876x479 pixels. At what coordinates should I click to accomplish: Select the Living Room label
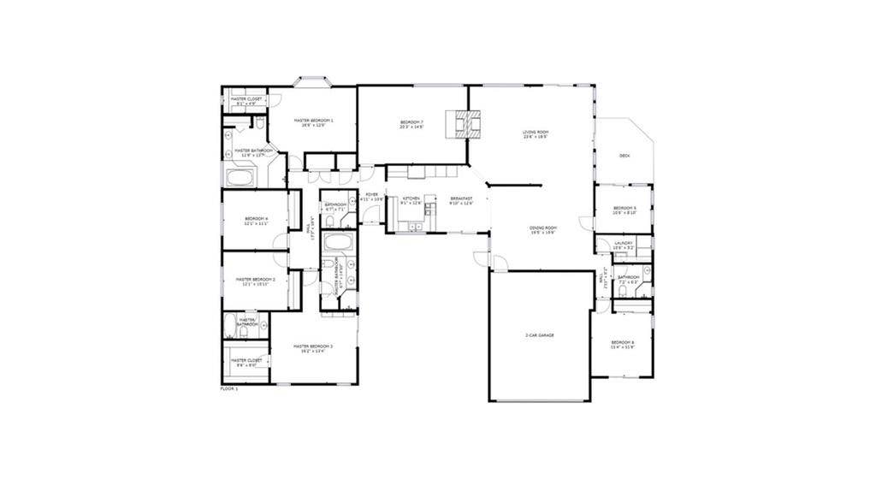pyautogui.click(x=536, y=133)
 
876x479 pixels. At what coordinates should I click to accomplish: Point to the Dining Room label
pyautogui.click(x=542, y=228)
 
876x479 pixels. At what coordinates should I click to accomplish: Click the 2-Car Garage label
pyautogui.click(x=539, y=335)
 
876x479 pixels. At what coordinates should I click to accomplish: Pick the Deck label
pyautogui.click(x=624, y=156)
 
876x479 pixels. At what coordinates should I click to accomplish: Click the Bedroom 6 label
pyautogui.click(x=622, y=344)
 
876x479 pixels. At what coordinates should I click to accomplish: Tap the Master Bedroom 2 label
pyautogui.click(x=255, y=281)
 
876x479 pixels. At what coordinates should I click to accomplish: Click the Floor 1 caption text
pyautogui.click(x=228, y=388)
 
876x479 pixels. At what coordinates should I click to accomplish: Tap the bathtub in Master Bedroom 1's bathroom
pyautogui.click(x=240, y=177)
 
